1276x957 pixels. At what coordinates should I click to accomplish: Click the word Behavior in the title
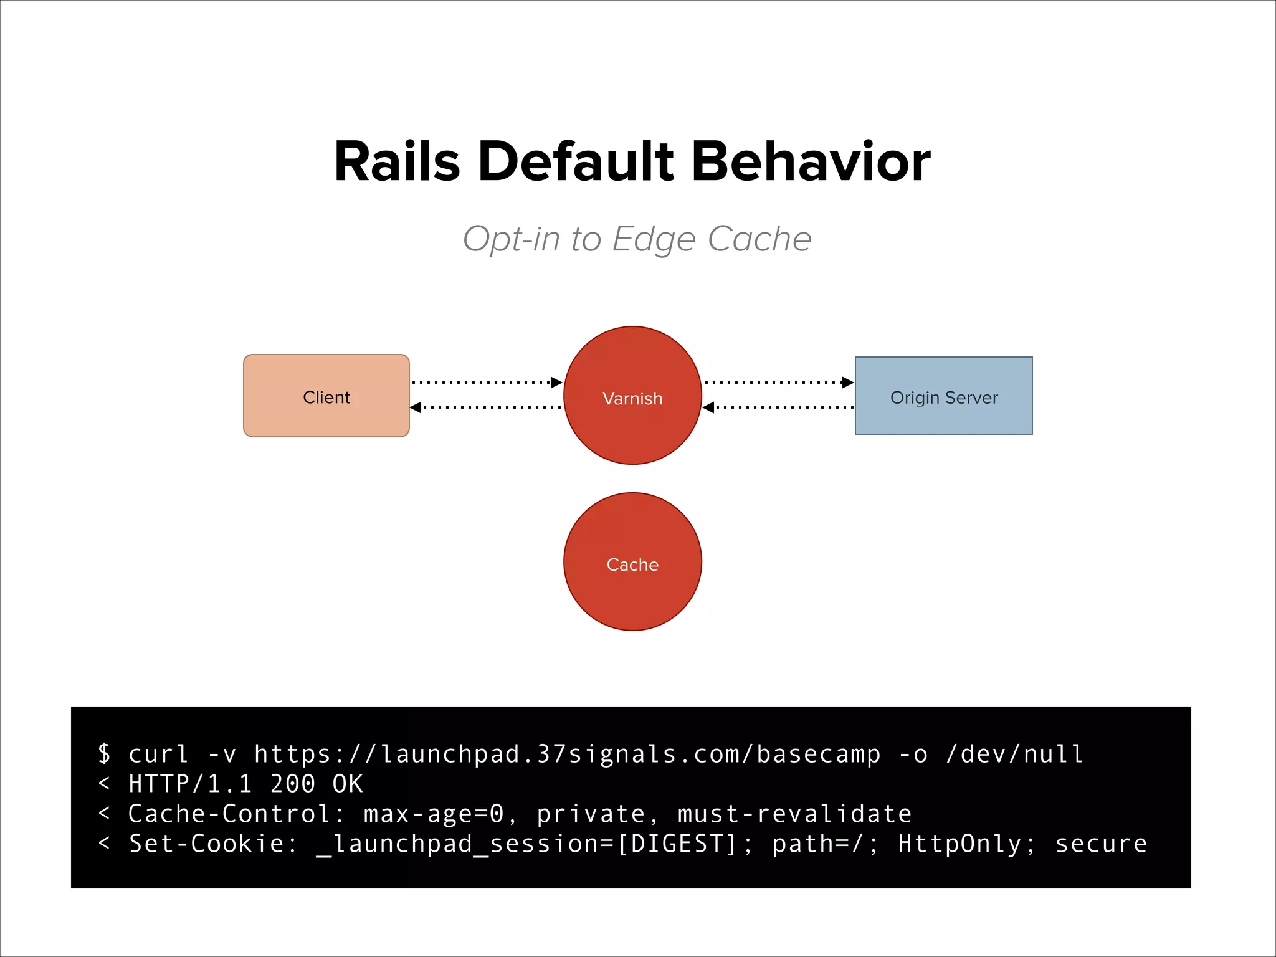coord(811,162)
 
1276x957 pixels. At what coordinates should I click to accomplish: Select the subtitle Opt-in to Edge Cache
coord(637,239)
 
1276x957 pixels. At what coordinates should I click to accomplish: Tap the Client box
coord(326,396)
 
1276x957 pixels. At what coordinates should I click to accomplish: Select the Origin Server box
coord(943,396)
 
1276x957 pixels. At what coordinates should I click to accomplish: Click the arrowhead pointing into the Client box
coord(416,407)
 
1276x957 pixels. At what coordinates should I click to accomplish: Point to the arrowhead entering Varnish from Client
coord(556,383)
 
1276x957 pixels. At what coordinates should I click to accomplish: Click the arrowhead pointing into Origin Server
coord(847,383)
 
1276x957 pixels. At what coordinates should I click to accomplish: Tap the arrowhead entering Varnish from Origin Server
coord(708,407)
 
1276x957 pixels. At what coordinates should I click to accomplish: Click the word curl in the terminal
coord(158,755)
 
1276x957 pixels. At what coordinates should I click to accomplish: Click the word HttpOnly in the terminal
coord(959,844)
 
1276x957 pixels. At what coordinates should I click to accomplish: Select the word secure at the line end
coord(1101,844)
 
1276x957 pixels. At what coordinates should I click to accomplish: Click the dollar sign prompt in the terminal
coord(105,754)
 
